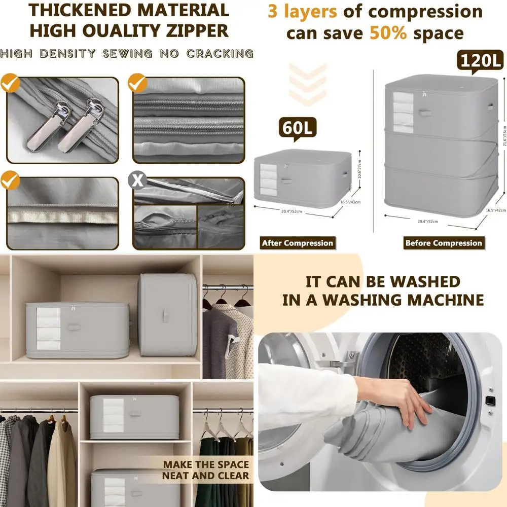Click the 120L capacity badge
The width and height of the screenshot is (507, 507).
point(481,61)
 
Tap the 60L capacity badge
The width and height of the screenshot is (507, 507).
point(297,128)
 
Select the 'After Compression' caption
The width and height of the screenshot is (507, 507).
point(298,243)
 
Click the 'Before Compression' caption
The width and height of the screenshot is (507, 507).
point(443,243)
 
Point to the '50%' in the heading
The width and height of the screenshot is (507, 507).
point(389,33)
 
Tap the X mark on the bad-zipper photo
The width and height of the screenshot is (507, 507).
point(137,180)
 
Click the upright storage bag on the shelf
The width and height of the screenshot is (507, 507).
point(166,315)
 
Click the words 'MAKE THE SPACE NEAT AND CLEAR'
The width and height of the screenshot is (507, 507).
point(206,470)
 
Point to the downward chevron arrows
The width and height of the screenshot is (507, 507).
point(307,84)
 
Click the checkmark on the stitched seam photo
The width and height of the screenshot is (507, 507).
point(10,180)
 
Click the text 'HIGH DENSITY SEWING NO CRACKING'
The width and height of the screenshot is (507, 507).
point(127,53)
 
